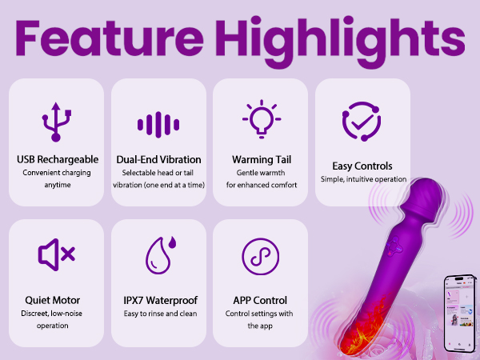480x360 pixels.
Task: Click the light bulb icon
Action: [x=260, y=120]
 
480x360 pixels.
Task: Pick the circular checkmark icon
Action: [x=362, y=122]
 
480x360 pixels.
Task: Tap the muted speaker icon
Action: [x=56, y=254]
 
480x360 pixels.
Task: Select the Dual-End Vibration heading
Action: [x=158, y=159]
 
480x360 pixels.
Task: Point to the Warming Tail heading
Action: [x=260, y=159]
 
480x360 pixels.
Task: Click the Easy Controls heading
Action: [x=363, y=166]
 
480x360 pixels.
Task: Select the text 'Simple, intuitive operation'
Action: [x=363, y=180]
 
